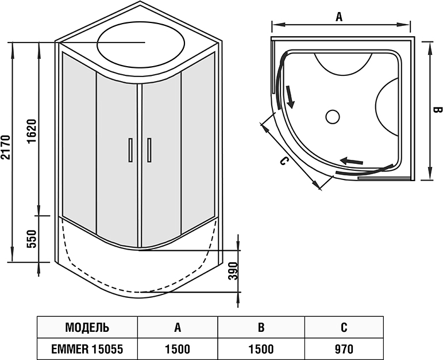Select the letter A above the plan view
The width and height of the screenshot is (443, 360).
(339, 17)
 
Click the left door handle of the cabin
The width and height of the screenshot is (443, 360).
(130, 151)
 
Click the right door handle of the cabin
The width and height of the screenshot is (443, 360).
(149, 151)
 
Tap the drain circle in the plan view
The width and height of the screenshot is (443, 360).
(333, 117)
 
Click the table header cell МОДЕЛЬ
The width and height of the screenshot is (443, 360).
(87, 328)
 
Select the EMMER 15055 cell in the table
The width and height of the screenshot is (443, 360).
(87, 348)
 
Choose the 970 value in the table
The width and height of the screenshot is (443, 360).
(344, 348)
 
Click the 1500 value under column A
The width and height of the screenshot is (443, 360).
(178, 348)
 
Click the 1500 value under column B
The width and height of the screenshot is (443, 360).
(261, 348)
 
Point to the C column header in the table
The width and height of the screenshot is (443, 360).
(344, 328)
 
